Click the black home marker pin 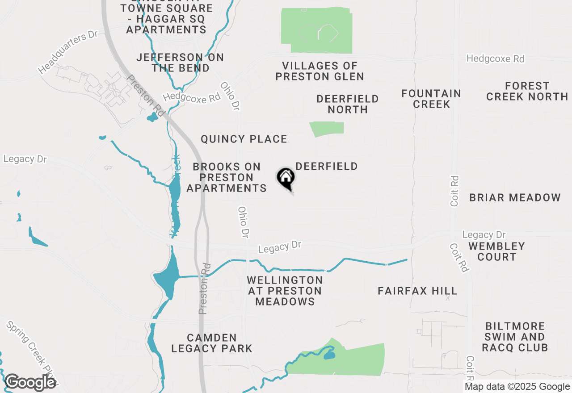tap(286, 179)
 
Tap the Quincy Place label tap(244, 139)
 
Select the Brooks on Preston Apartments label tap(227, 177)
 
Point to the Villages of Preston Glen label tap(320, 71)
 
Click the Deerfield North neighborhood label tap(348, 104)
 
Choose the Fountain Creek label tap(431, 99)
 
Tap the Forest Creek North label tap(527, 91)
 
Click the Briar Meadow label tap(515, 197)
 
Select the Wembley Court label tap(496, 251)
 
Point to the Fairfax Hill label tap(417, 291)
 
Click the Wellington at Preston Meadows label tap(285, 291)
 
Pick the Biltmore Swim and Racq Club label tap(515, 337)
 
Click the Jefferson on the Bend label tap(181, 63)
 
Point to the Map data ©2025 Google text tap(517, 387)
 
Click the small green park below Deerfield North tap(327, 128)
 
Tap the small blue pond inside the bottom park tap(329, 355)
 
